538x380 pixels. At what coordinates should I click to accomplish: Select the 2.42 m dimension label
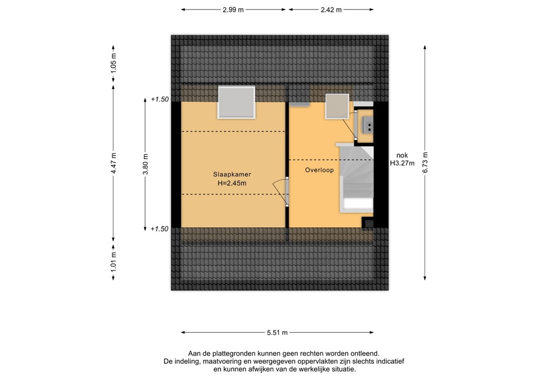click(332, 10)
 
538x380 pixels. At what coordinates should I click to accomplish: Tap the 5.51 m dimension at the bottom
click(277, 333)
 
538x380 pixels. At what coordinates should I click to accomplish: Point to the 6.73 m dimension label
click(426, 163)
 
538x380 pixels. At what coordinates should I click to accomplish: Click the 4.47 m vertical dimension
click(113, 163)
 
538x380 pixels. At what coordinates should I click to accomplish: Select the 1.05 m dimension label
click(113, 63)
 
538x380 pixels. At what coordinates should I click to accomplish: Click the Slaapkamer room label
click(232, 174)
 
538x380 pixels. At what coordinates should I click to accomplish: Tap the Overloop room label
click(319, 170)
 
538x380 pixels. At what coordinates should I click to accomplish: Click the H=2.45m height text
click(232, 183)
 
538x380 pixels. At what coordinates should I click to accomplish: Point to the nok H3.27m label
click(402, 159)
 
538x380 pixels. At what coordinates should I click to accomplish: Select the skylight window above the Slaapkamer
click(236, 102)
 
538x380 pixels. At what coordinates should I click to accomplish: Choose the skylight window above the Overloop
click(337, 107)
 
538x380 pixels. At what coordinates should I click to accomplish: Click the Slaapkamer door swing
click(280, 191)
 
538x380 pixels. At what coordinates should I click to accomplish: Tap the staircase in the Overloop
click(357, 178)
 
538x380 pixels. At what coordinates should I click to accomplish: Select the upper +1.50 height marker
click(160, 99)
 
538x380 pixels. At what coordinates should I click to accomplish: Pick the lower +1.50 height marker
click(160, 229)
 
